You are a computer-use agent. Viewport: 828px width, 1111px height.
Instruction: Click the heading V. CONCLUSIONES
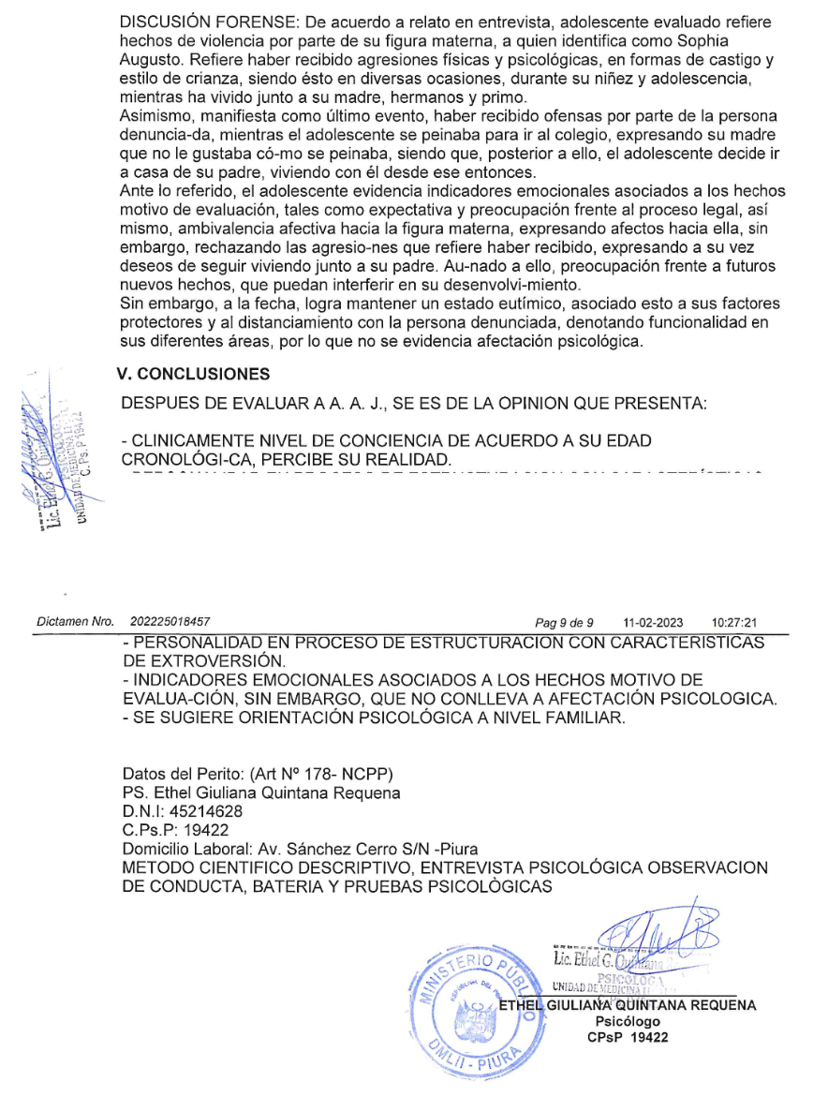click(194, 374)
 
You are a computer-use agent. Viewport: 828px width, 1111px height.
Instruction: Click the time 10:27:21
click(733, 622)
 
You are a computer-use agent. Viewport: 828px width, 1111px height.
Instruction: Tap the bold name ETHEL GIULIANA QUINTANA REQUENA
click(628, 1005)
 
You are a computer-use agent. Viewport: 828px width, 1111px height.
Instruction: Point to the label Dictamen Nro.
click(75, 622)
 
